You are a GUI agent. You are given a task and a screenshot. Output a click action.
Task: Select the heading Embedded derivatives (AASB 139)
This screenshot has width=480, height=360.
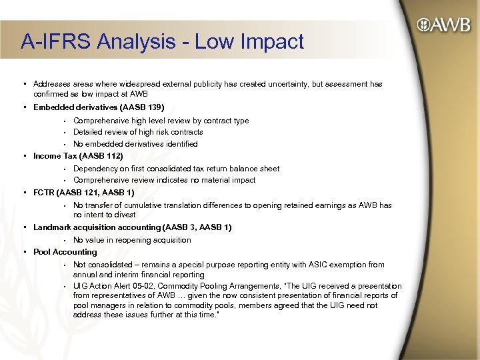tap(99, 107)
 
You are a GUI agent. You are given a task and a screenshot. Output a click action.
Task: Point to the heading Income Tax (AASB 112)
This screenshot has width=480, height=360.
tap(78, 156)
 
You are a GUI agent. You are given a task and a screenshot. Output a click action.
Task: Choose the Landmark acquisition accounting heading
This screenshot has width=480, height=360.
tap(132, 227)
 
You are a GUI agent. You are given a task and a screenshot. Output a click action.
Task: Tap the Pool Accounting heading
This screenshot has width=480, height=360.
tap(65, 252)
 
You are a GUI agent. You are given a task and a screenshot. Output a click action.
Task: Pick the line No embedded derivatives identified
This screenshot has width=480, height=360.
tap(135, 144)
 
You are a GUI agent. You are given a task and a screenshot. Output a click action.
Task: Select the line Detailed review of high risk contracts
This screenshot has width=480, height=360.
tap(138, 132)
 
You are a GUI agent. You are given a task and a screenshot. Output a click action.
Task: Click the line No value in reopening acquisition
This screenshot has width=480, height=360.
tap(132, 240)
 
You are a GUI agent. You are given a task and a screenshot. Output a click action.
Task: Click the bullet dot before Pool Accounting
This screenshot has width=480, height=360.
tap(25, 252)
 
